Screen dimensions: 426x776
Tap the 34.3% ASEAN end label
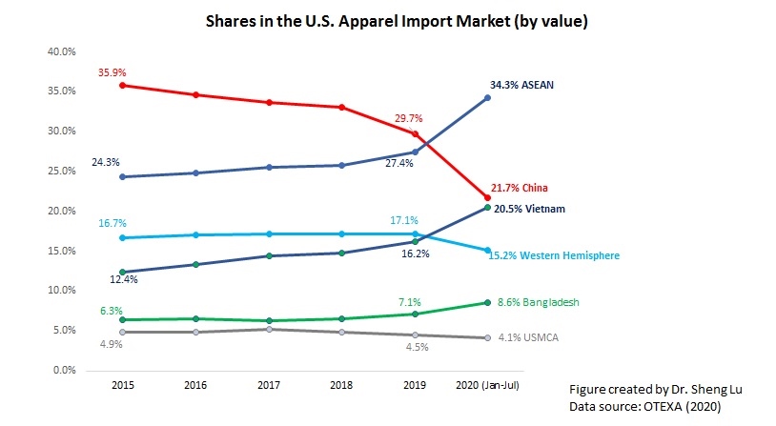pyautogui.click(x=521, y=85)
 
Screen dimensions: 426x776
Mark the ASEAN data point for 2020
pyautogui.click(x=488, y=97)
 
